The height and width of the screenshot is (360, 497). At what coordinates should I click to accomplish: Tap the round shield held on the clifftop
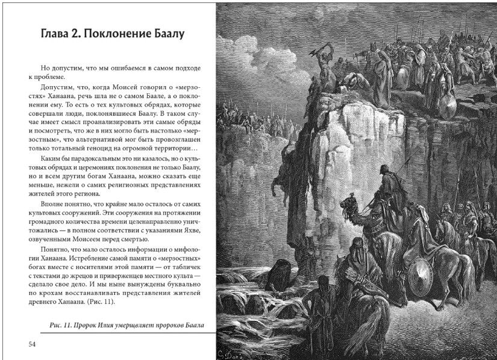pos(446,105)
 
